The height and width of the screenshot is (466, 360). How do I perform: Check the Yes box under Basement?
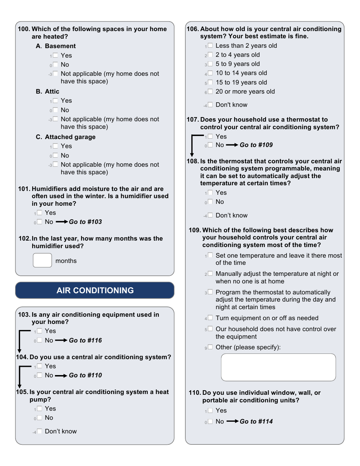pyautogui.click(x=55, y=55)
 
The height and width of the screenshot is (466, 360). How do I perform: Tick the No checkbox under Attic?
pyautogui.click(x=55, y=110)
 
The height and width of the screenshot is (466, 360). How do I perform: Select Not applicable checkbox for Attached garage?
pyautogui.click(x=55, y=164)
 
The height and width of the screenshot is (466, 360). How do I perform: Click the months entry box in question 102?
pyautogui.click(x=42, y=260)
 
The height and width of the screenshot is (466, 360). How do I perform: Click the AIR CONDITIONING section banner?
pyautogui.click(x=95, y=290)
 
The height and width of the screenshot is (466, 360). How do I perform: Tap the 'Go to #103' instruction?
pyautogui.click(x=85, y=222)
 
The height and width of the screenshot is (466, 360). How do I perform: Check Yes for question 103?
pyautogui.click(x=39, y=331)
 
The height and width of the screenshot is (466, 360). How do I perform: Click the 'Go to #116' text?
pyautogui.click(x=85, y=340)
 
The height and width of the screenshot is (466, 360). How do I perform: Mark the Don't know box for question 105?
pyautogui.click(x=39, y=431)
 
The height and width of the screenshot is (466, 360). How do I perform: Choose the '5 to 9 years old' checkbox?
pyautogui.click(x=210, y=64)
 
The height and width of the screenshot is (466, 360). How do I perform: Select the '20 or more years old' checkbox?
pyautogui.click(x=210, y=91)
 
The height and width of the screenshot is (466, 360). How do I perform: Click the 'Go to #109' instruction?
pyautogui.click(x=256, y=145)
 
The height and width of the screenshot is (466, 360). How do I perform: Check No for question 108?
pyautogui.click(x=210, y=202)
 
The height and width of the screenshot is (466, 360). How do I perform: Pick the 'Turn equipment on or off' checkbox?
pyautogui.click(x=210, y=318)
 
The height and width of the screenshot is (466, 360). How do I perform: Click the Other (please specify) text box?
pyautogui.click(x=278, y=367)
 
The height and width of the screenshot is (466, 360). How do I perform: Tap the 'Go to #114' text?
pyautogui.click(x=256, y=421)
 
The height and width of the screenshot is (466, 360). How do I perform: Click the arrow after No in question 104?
pyautogui.click(x=61, y=375)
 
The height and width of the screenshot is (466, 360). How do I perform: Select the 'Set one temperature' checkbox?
pyautogui.click(x=210, y=255)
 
